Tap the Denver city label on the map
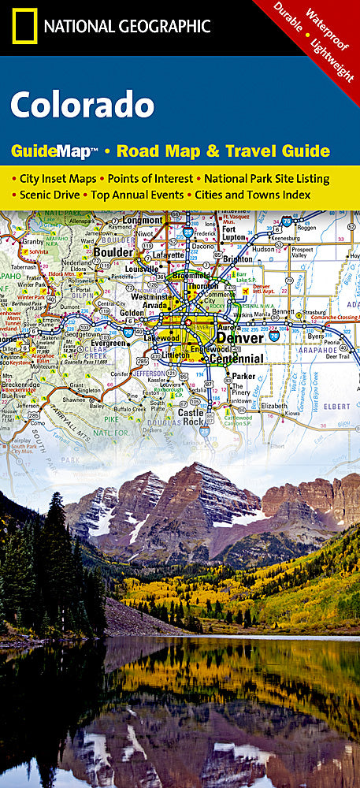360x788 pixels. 240,339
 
